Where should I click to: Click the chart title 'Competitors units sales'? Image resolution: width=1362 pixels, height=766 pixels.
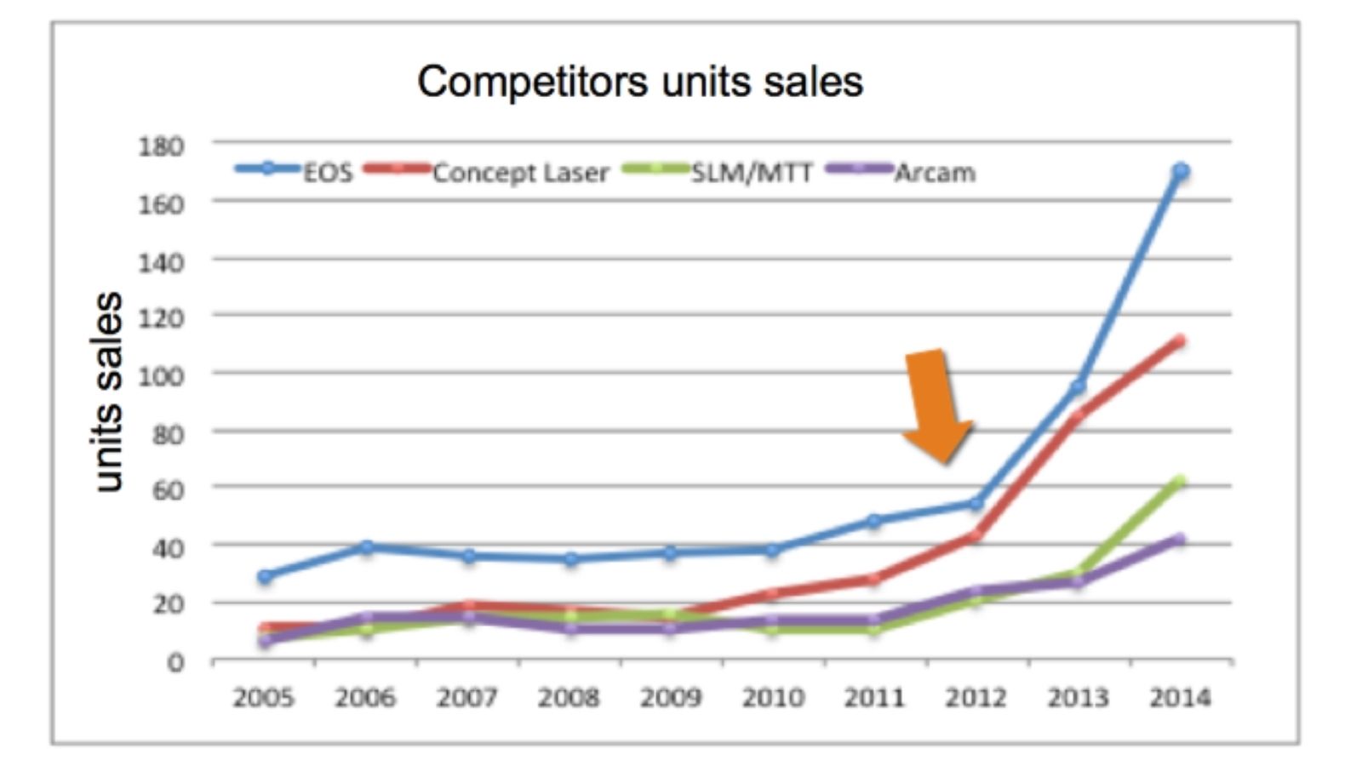640,82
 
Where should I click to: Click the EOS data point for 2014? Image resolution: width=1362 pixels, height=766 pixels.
1181,171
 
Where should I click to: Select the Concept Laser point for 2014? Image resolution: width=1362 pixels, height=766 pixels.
1180,341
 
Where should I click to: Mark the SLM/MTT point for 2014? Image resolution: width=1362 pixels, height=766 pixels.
1180,483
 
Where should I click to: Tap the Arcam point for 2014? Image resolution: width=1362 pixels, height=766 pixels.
1180,539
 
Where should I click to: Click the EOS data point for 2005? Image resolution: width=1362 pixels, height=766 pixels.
265,576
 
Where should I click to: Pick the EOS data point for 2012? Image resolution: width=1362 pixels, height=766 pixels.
976,504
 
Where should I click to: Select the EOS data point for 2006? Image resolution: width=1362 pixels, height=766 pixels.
366,546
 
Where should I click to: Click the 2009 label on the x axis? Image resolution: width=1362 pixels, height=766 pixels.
671,698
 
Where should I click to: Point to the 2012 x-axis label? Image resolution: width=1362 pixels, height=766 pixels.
976,698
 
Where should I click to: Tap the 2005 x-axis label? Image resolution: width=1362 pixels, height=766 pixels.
264,698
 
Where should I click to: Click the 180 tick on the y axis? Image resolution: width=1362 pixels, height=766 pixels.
161,146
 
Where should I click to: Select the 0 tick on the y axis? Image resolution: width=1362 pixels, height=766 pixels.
175,662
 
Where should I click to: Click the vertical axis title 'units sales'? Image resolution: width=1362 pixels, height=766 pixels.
108,392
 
